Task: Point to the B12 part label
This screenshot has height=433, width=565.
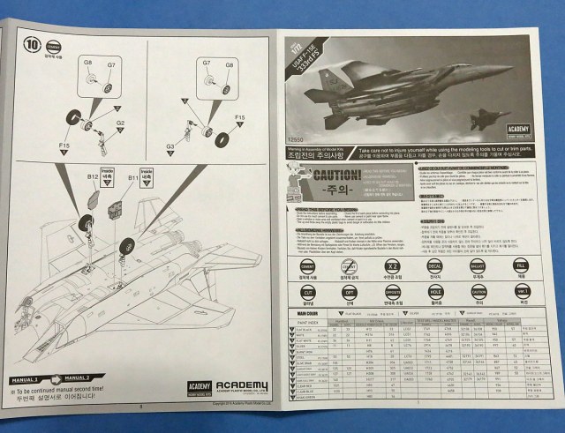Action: pyautogui.click(x=92, y=176)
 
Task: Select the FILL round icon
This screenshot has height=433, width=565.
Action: pyautogui.click(x=522, y=265)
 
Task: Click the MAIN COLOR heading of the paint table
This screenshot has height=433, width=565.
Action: pyautogui.click(x=311, y=311)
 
